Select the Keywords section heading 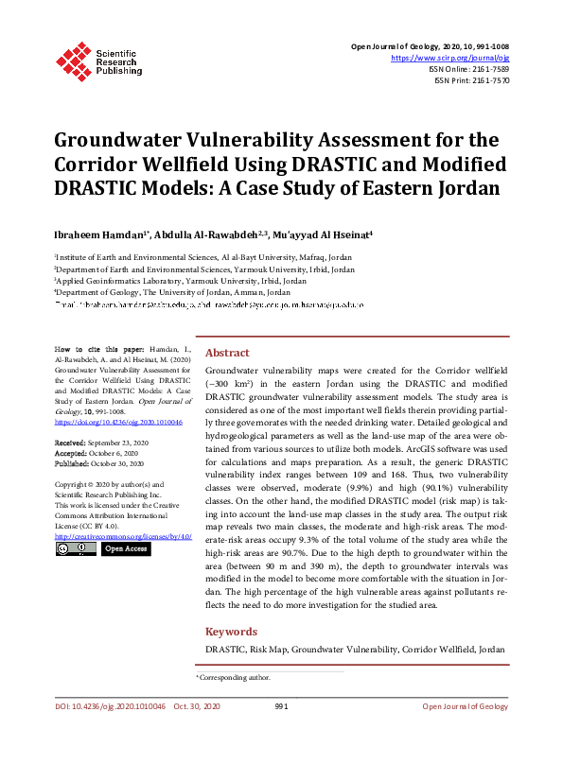[232, 632]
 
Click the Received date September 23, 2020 [115, 442]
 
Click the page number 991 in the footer [281, 706]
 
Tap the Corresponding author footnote [234, 677]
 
